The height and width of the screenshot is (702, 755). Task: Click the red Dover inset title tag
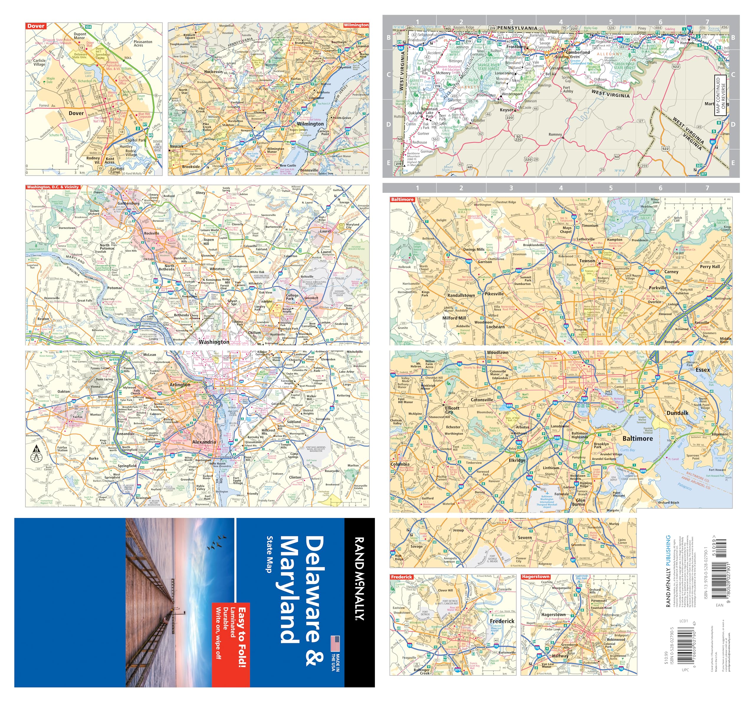coord(36,26)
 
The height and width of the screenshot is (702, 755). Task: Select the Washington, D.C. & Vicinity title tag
coord(53,187)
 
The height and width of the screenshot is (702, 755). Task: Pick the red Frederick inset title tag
coord(401,577)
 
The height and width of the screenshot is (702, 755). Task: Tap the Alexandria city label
coord(204,442)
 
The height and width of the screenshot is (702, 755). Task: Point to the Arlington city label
coord(180,384)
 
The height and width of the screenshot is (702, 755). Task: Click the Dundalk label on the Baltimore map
coord(677,413)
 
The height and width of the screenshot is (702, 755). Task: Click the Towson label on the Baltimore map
coord(587,261)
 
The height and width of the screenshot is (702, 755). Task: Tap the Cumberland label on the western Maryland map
coord(578,52)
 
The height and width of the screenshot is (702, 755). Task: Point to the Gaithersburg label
coord(128,203)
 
